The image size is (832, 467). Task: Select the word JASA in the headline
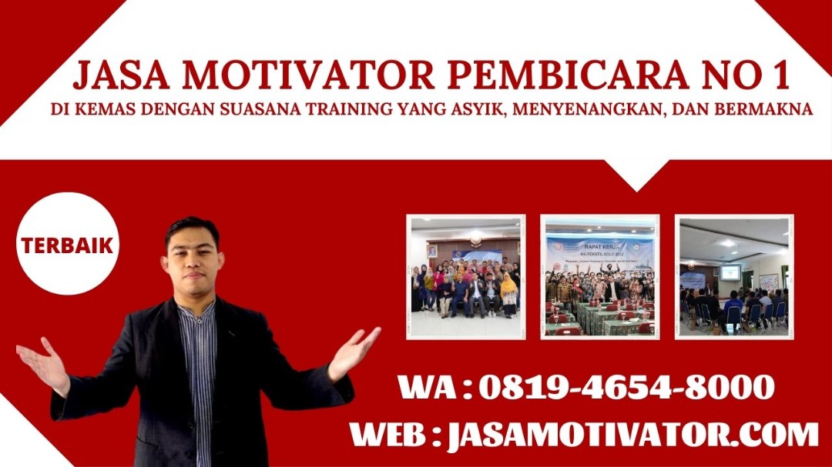[x=120, y=76]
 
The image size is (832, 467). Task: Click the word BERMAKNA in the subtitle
[x=763, y=109]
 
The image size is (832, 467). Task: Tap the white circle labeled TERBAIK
[x=67, y=244]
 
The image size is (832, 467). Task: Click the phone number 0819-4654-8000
[x=626, y=387]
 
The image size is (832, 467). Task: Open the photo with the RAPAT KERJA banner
[x=599, y=277]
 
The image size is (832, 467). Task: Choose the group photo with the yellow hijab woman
[x=466, y=277]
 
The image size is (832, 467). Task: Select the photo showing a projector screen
[x=734, y=277]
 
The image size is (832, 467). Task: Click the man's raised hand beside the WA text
[x=354, y=352]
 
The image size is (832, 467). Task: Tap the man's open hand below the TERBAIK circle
[x=43, y=365]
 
